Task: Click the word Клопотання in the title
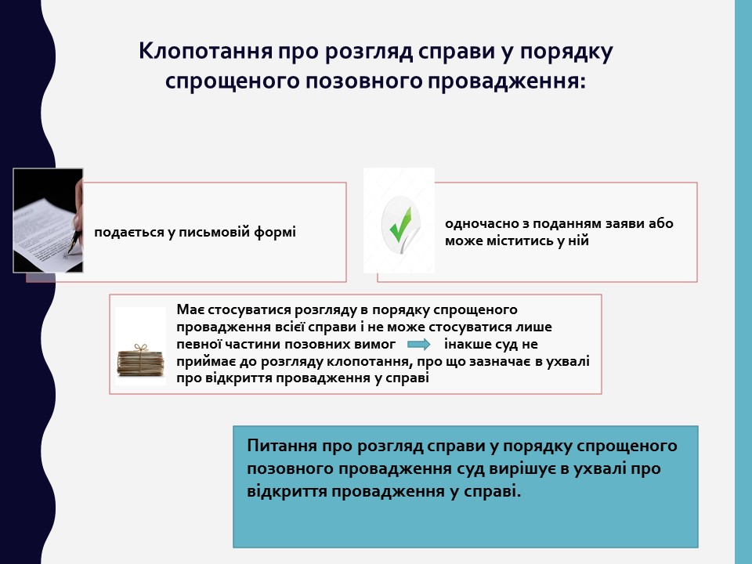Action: (x=206, y=51)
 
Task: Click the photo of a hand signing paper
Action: (x=48, y=220)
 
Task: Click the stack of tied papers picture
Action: (x=140, y=360)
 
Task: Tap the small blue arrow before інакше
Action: (x=418, y=345)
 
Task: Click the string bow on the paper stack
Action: (x=140, y=347)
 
